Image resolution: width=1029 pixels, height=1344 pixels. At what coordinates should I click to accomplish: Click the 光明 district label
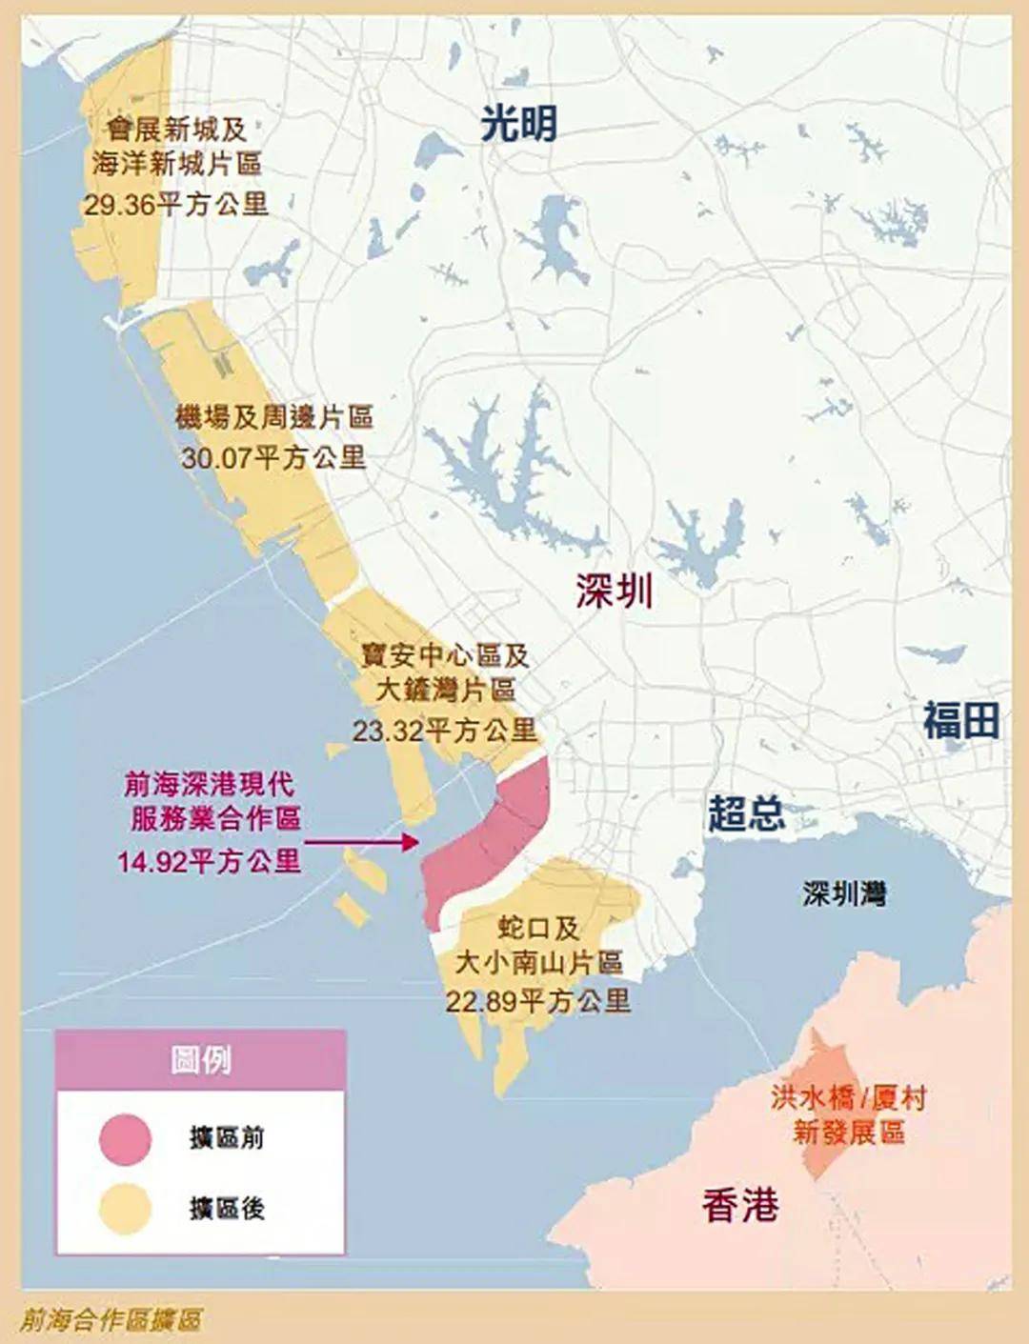click(518, 124)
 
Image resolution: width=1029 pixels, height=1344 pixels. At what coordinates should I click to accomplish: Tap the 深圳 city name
click(614, 591)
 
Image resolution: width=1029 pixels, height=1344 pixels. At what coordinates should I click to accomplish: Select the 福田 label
click(960, 720)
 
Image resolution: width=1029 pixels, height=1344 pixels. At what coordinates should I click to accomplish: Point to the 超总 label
click(746, 813)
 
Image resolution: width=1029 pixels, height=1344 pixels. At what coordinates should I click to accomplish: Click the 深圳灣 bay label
click(844, 893)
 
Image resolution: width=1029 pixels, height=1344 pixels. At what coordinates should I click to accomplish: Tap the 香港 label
click(740, 1206)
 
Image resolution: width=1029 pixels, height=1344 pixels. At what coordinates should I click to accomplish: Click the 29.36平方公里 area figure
click(175, 204)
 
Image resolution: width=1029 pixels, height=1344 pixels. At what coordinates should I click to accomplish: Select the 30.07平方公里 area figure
click(273, 458)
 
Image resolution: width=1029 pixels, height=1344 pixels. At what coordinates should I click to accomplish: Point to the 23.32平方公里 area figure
click(444, 731)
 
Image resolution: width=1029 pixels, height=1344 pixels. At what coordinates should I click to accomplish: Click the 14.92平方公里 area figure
click(209, 862)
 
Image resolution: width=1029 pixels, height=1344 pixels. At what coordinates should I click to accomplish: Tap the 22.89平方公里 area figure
click(537, 1000)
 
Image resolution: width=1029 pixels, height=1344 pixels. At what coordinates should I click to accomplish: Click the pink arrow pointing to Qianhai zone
click(362, 842)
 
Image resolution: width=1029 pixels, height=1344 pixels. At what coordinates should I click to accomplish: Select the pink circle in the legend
click(125, 1138)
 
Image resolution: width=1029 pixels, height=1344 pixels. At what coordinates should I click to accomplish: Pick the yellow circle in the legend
click(125, 1209)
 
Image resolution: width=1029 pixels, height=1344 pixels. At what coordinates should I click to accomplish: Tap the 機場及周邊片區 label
click(274, 417)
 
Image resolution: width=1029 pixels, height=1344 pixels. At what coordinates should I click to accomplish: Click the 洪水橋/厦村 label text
click(848, 1098)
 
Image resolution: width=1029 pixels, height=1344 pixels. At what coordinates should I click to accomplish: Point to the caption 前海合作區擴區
click(111, 1320)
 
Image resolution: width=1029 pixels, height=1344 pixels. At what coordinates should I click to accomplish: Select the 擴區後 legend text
click(227, 1209)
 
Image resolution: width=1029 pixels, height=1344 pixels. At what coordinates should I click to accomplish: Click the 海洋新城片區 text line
click(176, 164)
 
